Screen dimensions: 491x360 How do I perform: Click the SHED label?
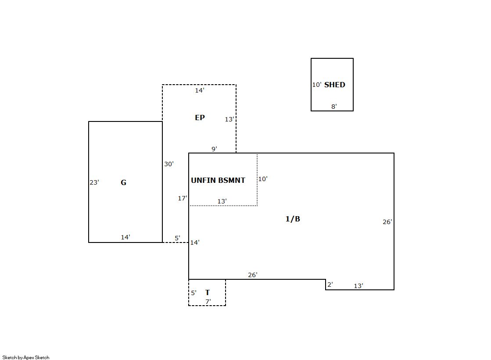[x=334, y=85]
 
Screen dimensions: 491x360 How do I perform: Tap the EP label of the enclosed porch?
[x=200, y=118]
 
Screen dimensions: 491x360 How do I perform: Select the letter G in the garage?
[x=123, y=182]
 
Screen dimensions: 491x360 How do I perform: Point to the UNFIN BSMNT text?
[x=218, y=180]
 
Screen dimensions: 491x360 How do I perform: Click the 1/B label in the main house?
[x=293, y=219]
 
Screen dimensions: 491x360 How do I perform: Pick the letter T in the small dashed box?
[x=207, y=292]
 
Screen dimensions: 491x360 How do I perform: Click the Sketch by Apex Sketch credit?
[x=26, y=357]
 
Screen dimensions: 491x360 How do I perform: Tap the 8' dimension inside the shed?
[x=334, y=107]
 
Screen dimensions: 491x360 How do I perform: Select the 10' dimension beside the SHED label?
[x=316, y=85]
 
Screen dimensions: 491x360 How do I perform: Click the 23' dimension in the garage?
[x=94, y=182]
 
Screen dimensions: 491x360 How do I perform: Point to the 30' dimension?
[x=169, y=164]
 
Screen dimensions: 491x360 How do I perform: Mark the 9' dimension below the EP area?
[x=214, y=149]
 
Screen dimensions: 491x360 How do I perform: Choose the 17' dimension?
[x=183, y=198]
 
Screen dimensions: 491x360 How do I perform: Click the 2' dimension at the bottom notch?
[x=330, y=285]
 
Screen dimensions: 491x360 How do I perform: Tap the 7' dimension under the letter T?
[x=208, y=301]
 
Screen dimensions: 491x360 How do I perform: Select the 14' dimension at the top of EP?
[x=200, y=90]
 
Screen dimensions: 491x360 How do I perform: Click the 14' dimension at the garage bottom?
[x=125, y=237]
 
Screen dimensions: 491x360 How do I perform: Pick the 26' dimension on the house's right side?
[x=387, y=222]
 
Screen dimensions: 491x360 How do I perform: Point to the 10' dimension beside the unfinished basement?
[x=263, y=179]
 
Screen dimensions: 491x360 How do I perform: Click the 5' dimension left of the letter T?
[x=194, y=293]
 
